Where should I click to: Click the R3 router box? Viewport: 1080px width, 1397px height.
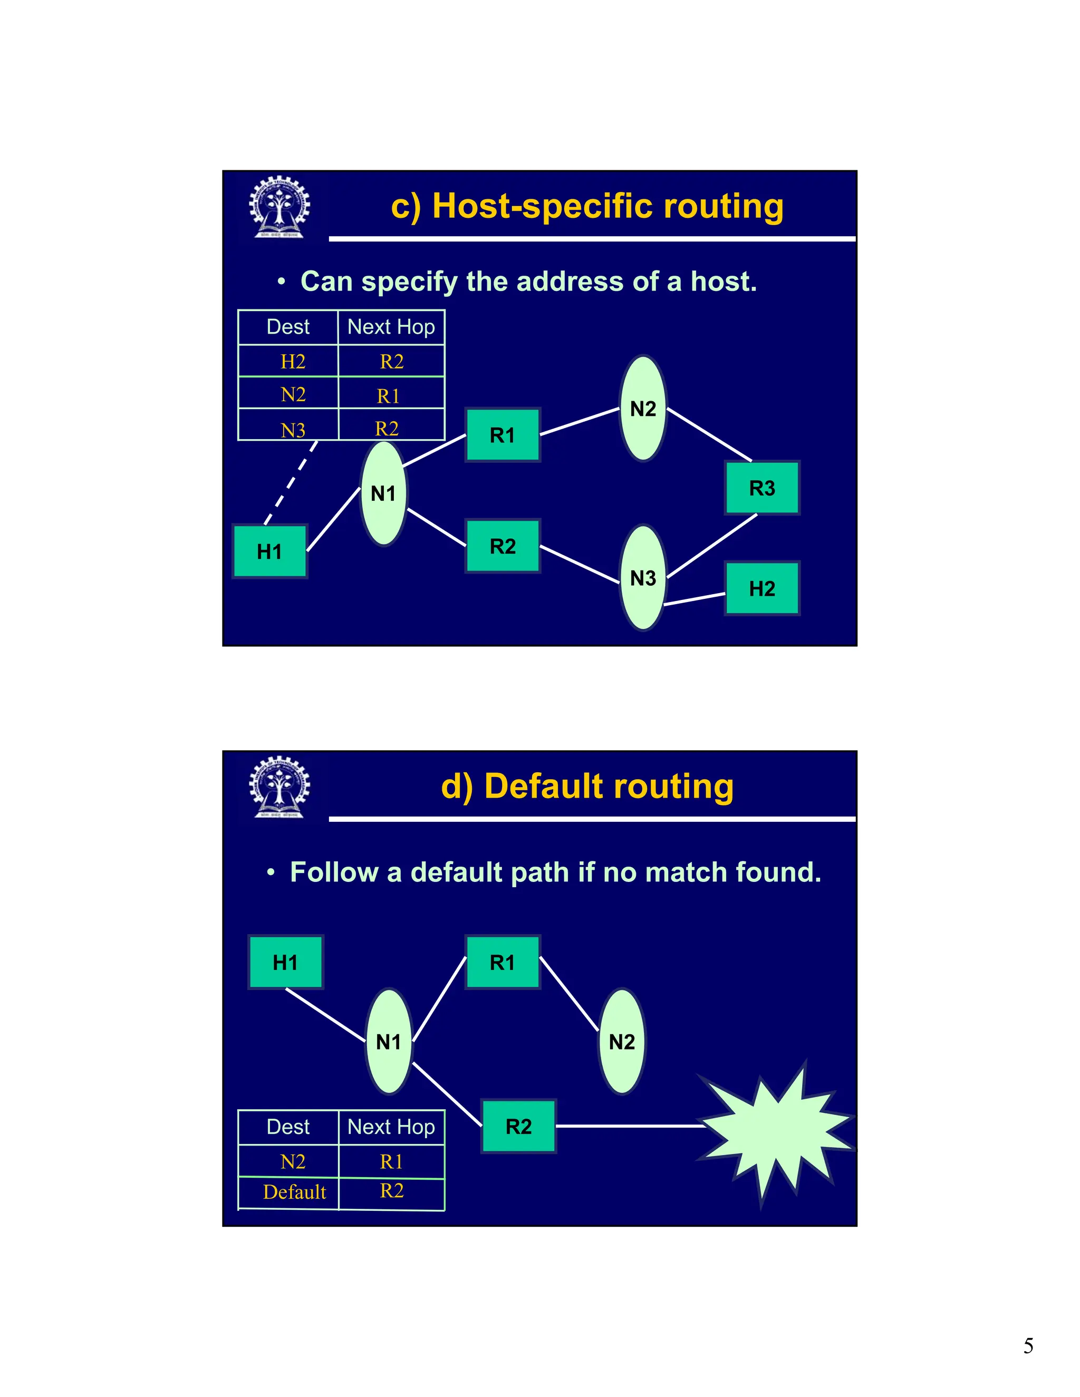coord(762,488)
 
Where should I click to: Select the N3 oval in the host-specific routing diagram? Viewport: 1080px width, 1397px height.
coord(643,578)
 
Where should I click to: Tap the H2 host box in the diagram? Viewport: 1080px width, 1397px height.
coord(762,588)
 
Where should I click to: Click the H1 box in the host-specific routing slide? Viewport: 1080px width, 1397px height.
coord(269,551)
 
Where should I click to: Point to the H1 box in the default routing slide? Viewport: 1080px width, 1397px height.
coord(285,962)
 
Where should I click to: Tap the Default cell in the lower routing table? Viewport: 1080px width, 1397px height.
coord(294,1192)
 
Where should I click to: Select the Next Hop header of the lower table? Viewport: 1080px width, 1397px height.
coord(391,1127)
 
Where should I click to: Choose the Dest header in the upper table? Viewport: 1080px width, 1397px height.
coord(288,327)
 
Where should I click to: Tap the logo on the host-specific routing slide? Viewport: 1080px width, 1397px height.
coord(279,207)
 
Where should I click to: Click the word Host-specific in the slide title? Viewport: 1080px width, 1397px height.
coord(543,207)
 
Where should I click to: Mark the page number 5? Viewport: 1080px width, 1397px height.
coord(1028,1346)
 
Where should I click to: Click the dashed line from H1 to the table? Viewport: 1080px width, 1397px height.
coord(291,483)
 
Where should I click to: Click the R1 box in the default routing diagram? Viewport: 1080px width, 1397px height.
coord(502,962)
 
